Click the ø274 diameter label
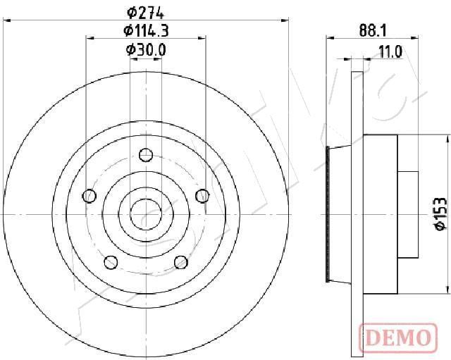pos(145,13)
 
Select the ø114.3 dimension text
pos(146,31)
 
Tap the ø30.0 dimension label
pos(146,50)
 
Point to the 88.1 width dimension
pos(373,31)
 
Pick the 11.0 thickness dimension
pos(390,52)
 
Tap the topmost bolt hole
pos(146,155)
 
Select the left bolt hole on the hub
pos(89,196)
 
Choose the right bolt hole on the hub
pos(202,196)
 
